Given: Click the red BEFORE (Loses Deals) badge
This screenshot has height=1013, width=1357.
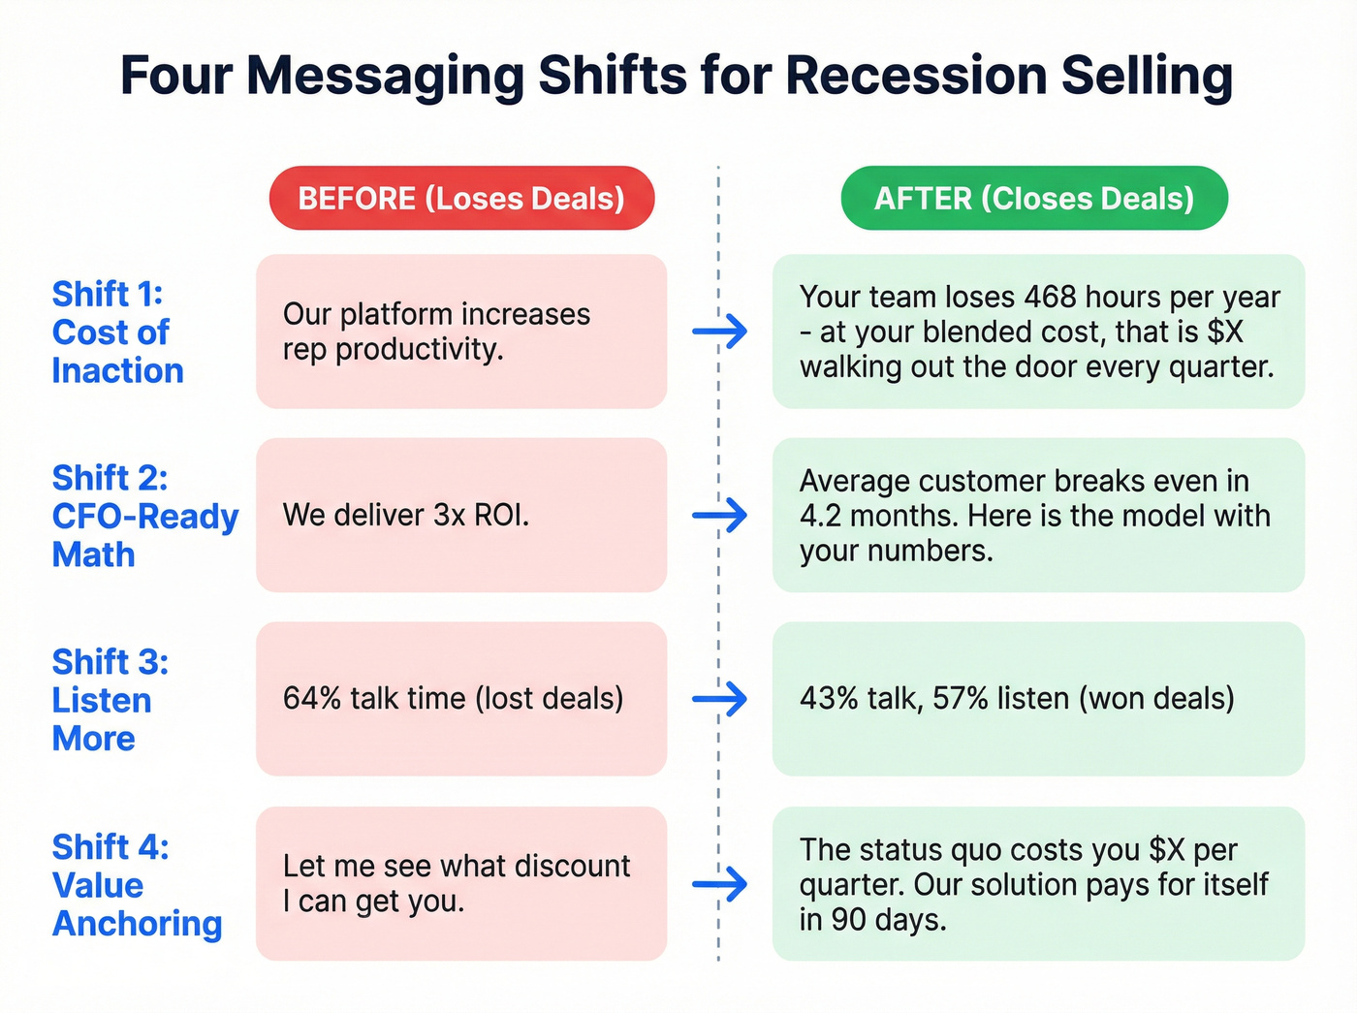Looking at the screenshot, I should click(461, 198).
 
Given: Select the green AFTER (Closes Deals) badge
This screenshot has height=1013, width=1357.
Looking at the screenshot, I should click(1033, 198).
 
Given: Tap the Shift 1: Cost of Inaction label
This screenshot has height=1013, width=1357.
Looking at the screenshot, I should click(117, 332).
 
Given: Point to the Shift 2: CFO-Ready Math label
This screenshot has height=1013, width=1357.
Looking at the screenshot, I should click(144, 516).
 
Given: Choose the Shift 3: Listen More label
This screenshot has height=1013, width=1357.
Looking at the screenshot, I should click(110, 700).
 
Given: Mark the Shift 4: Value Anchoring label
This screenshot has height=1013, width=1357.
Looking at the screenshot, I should click(137, 885).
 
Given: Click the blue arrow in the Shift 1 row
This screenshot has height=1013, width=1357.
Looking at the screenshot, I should click(720, 332).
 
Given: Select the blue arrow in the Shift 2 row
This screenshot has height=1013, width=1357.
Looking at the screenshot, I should click(720, 515).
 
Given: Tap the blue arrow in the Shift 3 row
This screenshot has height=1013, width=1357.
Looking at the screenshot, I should click(720, 699).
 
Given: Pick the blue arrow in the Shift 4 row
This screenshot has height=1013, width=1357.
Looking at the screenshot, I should click(720, 884).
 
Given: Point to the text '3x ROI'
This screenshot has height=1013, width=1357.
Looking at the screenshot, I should click(480, 515).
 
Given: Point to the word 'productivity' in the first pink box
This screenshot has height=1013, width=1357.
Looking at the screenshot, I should click(419, 349).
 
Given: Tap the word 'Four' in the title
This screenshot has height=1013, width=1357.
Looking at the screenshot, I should click(175, 76).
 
